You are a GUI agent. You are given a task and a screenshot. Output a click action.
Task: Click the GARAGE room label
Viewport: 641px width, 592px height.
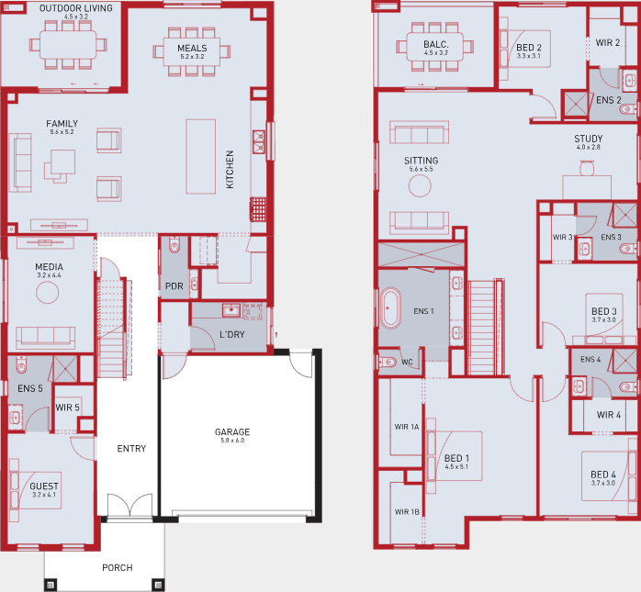(232, 432)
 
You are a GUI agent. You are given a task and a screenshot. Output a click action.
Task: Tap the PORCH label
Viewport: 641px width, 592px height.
(118, 567)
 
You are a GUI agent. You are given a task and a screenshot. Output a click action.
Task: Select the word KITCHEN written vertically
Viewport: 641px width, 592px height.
(230, 170)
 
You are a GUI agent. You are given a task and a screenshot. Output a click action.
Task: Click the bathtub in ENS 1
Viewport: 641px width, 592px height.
(390, 308)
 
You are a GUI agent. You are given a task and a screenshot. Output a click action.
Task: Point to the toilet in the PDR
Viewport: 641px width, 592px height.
(174, 244)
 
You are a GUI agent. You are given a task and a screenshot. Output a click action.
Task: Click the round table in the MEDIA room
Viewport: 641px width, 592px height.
(48, 293)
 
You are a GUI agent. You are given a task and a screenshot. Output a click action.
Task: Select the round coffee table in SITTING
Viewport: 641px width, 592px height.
(420, 186)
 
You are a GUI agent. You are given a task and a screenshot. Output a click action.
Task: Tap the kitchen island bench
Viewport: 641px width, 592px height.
(201, 156)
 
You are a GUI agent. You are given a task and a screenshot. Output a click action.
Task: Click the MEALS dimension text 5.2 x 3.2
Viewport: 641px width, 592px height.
(192, 57)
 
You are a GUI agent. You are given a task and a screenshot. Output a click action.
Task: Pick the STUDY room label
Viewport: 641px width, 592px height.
(589, 139)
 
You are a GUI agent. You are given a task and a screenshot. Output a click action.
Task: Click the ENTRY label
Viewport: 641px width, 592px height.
(131, 449)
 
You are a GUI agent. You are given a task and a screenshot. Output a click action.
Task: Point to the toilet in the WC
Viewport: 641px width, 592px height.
(388, 362)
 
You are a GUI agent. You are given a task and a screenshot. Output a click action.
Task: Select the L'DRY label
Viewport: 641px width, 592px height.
(231, 335)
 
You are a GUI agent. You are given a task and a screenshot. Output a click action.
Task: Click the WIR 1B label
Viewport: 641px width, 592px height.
(407, 512)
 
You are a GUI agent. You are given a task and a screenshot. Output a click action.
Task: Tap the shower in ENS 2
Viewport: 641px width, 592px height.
(576, 104)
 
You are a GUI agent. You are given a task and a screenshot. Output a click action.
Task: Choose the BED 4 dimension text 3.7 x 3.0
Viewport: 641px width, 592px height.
(603, 483)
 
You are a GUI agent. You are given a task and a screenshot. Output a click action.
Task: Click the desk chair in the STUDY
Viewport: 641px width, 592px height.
(587, 168)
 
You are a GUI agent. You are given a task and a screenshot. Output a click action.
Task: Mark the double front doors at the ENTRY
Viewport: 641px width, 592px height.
(129, 506)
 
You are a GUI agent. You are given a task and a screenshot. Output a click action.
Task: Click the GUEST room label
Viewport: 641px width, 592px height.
(44, 486)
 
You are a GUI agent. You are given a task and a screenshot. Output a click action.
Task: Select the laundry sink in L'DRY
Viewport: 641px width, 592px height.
(231, 310)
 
